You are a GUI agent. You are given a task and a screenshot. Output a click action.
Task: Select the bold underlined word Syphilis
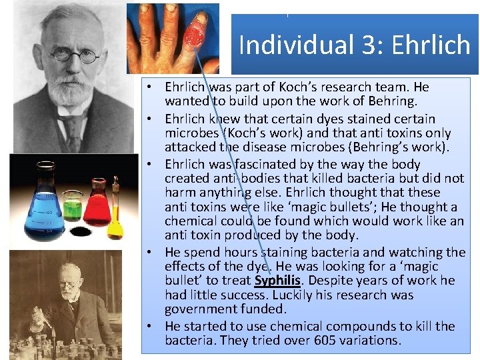tap(277, 281)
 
